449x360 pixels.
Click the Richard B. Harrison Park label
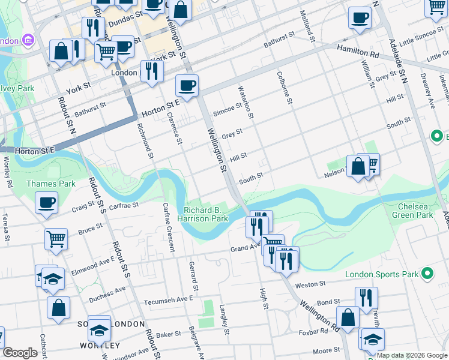point(206,215)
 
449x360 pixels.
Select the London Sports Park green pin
point(427,274)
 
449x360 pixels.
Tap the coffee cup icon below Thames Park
point(46,203)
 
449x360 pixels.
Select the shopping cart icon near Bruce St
point(56,239)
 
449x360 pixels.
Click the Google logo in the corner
point(20,353)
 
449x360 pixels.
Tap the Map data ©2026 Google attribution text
point(412,355)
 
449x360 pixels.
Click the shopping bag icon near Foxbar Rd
point(348,317)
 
